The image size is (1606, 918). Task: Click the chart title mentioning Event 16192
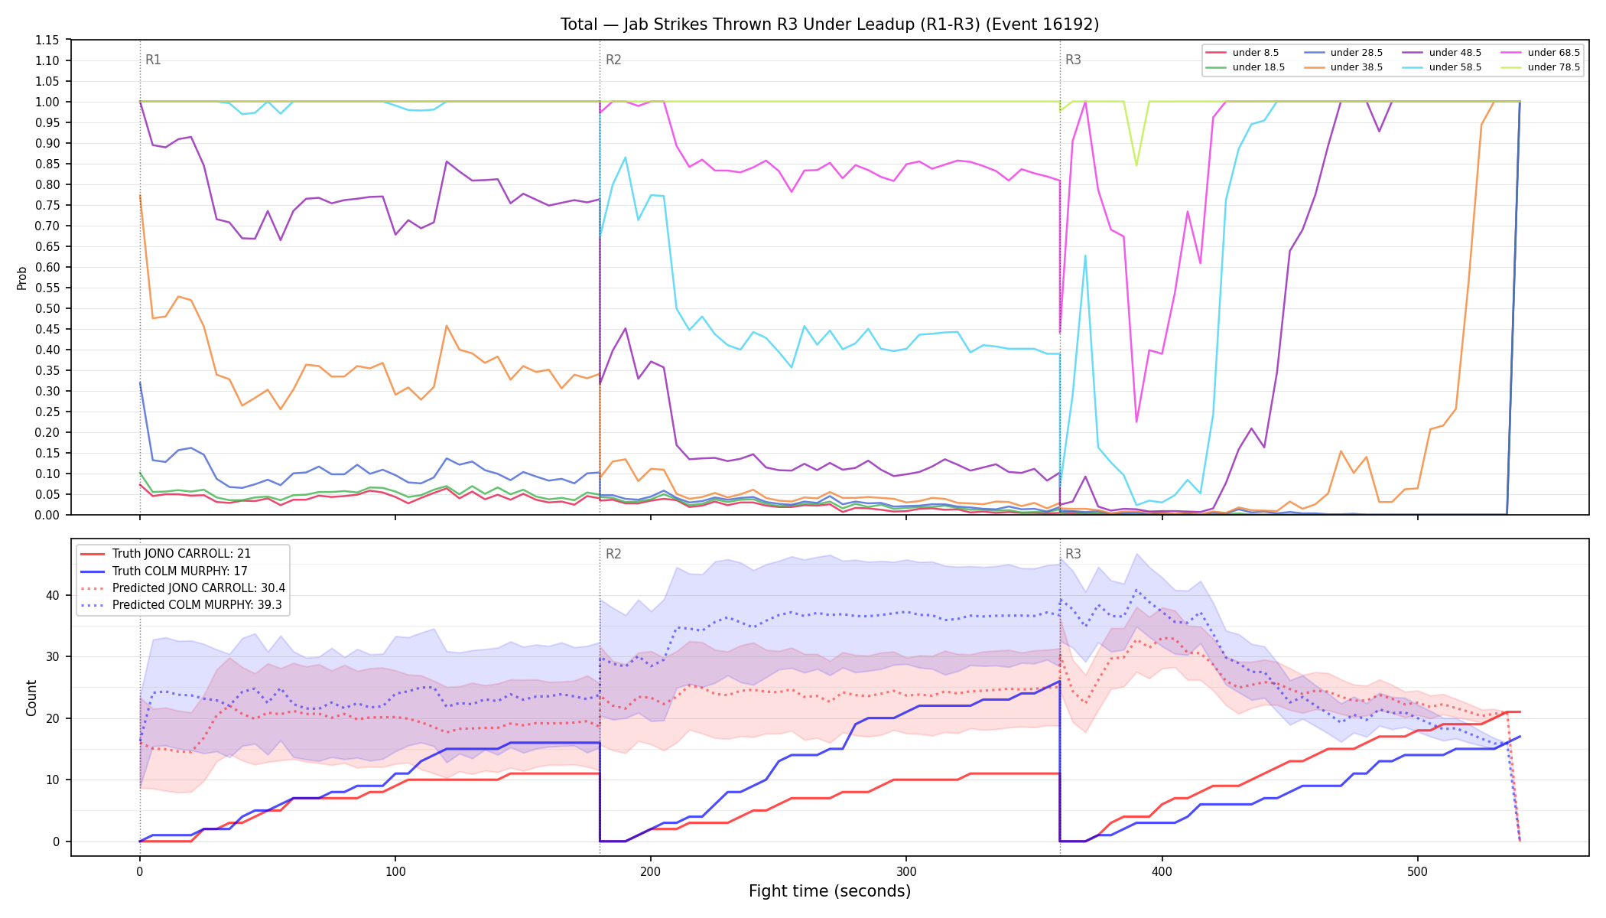[830, 24]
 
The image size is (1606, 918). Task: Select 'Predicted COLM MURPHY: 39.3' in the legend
[182, 605]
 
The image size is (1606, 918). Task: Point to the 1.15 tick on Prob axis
[47, 40]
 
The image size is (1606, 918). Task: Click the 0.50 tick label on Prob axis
[47, 308]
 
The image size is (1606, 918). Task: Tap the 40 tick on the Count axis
[54, 595]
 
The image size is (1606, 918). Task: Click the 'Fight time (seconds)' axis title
[830, 891]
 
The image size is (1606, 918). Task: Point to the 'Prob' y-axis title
[22, 278]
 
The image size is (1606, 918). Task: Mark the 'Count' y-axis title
[31, 698]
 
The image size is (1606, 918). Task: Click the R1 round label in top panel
[153, 60]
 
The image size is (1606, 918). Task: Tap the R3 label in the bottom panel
[1073, 554]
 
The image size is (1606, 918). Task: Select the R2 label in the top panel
[613, 60]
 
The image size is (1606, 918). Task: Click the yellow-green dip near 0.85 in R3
[1136, 164]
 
